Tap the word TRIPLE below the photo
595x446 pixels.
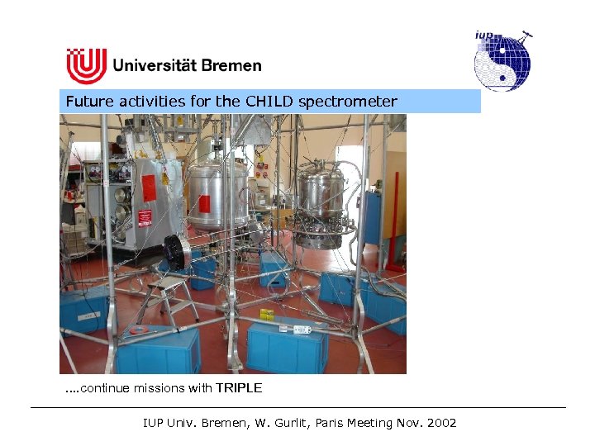239,388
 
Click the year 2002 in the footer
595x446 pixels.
438,423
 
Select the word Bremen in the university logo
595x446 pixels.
229,64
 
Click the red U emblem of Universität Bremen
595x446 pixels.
86,66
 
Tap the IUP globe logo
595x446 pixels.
502,60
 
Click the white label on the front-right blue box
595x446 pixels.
301,330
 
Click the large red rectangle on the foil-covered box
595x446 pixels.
149,187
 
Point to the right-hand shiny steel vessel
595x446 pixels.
322,198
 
